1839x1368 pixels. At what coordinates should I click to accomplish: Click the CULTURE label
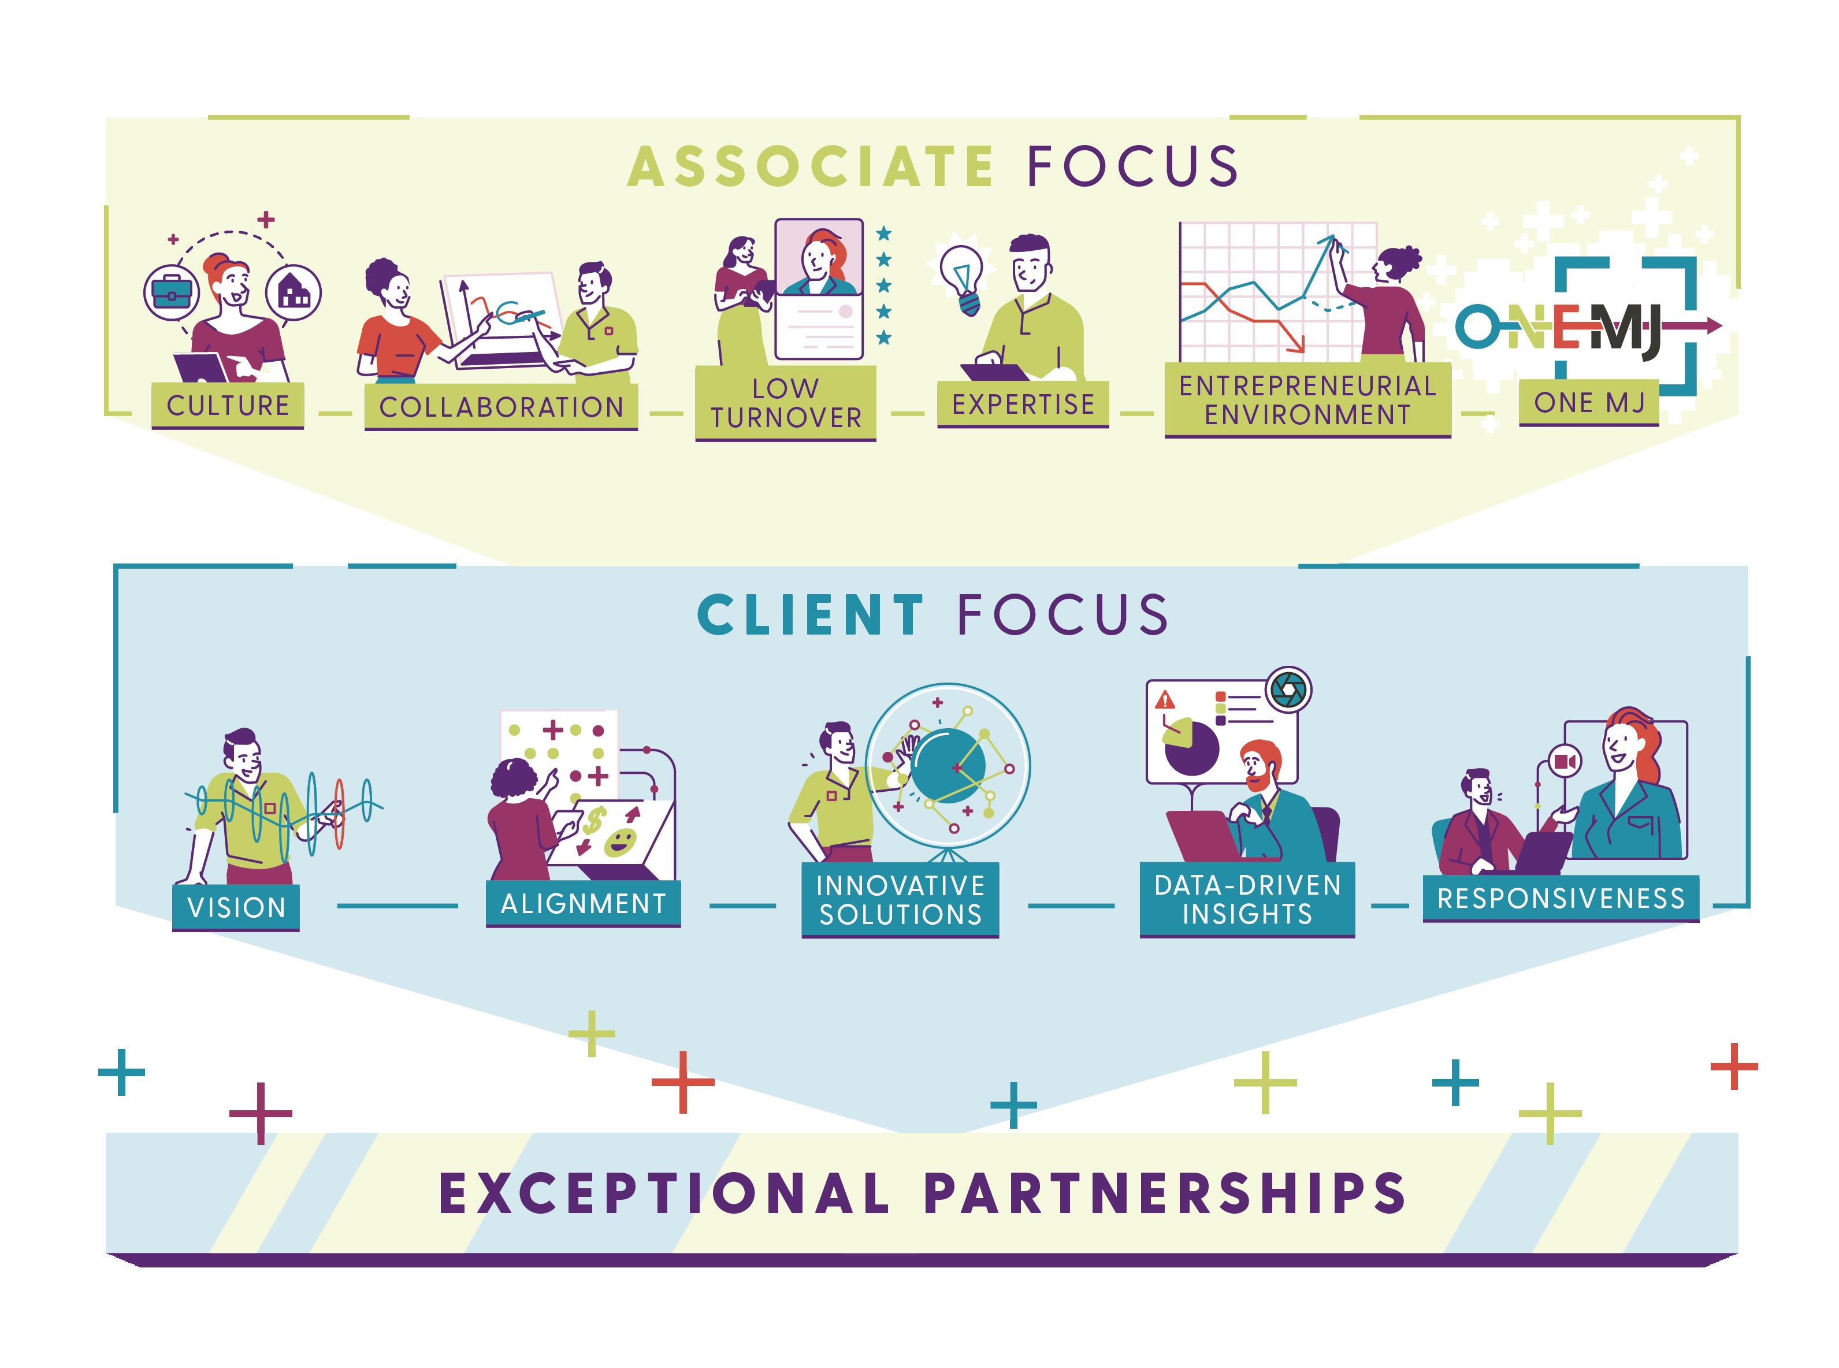coord(228,405)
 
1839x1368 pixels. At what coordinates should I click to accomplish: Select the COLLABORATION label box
coord(501,407)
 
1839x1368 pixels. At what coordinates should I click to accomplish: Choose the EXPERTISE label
coord(1023,404)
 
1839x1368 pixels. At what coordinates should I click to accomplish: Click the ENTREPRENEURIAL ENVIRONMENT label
coord(1307,399)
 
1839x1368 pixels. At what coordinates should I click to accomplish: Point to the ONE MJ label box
coord(1588,402)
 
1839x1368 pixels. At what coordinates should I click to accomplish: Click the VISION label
coord(236,907)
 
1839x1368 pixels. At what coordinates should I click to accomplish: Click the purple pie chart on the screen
coord(1191,746)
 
